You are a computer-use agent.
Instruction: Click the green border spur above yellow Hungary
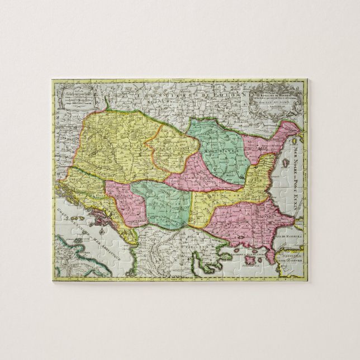[x=106, y=103]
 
